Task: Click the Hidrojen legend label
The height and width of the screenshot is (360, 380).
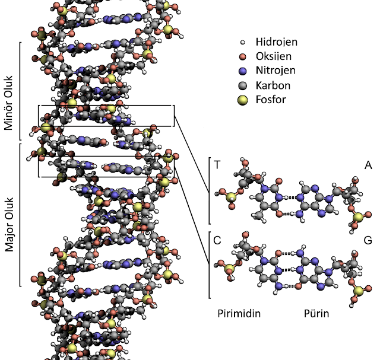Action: pos(276,42)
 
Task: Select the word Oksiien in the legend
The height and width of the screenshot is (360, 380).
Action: pos(274,56)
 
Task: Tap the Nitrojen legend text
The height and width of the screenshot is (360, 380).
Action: pos(275,71)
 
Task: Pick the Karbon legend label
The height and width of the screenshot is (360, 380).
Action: pos(272,85)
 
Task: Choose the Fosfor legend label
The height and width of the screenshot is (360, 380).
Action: pos(270,99)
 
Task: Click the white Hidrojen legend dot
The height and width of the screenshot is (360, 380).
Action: pos(242,43)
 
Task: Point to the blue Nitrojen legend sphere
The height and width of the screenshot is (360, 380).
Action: pos(242,71)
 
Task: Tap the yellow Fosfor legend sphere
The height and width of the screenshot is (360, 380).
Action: pos(242,100)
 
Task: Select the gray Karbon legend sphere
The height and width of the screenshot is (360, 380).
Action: pos(242,85)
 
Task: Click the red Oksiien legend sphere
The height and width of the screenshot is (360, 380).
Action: pos(242,57)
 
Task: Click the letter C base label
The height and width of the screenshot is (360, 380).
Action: pos(218,241)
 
